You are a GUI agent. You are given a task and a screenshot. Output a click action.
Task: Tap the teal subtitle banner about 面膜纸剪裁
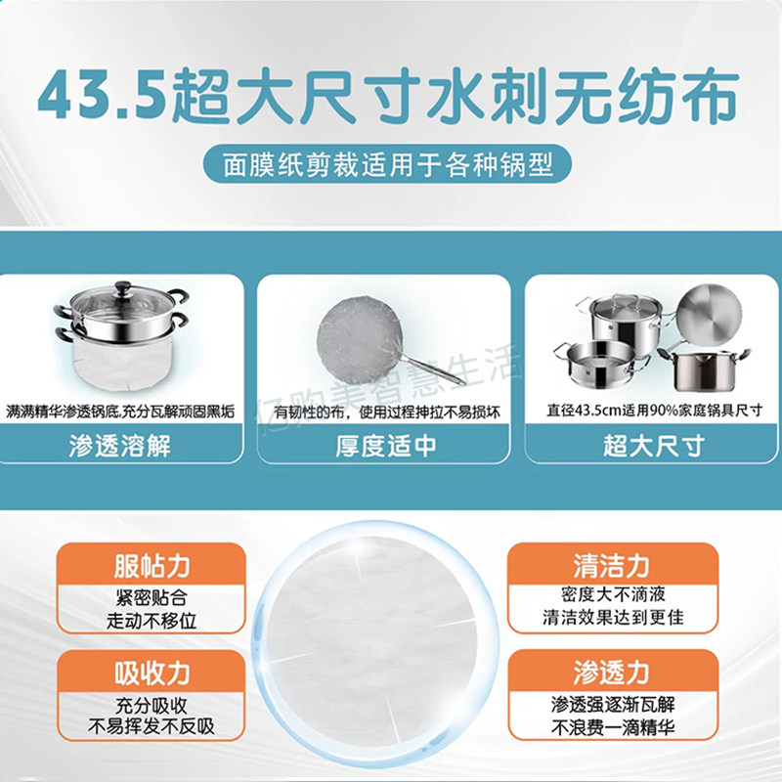(391, 162)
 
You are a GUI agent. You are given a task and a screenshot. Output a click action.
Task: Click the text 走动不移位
(152, 621)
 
